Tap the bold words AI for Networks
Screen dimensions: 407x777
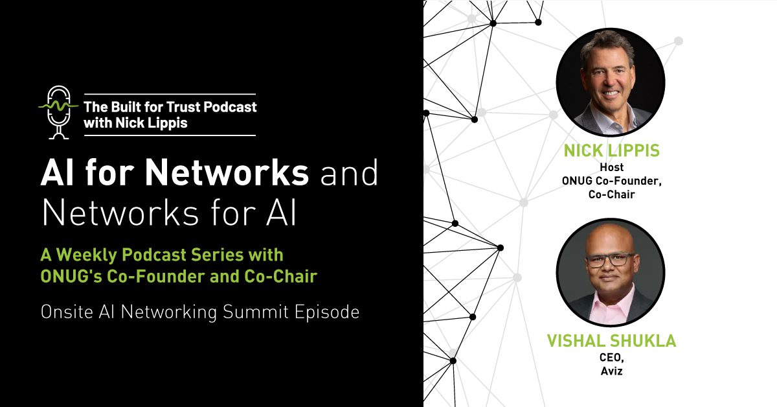coord(175,176)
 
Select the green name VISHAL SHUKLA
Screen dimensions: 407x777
coord(611,341)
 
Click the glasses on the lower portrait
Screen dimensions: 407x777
coord(611,260)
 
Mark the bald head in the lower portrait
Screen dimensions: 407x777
coord(610,237)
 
